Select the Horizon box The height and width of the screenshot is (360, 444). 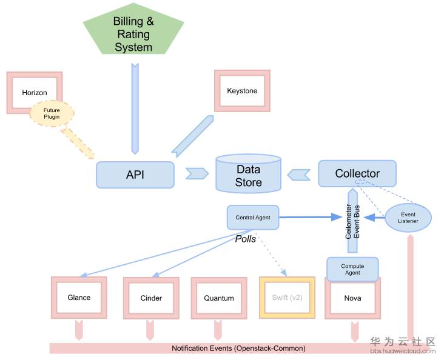pos(34,92)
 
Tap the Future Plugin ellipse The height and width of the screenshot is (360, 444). pos(52,113)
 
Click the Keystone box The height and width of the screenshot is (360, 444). pos(242,91)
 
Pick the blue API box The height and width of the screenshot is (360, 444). pos(135,174)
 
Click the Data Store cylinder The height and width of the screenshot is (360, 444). pos(249,176)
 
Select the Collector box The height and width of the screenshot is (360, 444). pos(357,173)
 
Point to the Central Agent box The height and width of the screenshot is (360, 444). pos(253,217)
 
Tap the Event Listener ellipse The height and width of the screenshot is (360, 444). pos(408,217)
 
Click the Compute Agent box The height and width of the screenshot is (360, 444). pos(352,268)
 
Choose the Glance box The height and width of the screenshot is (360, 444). pos(79,298)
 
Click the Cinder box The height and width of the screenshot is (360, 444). pos(151,298)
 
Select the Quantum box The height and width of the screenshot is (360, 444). pos(219,298)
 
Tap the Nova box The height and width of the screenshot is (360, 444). pos(352,298)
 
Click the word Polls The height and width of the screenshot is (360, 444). pos(246,239)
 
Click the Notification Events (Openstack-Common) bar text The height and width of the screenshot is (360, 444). pos(238,348)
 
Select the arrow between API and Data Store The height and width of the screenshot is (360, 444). pos(196,174)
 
